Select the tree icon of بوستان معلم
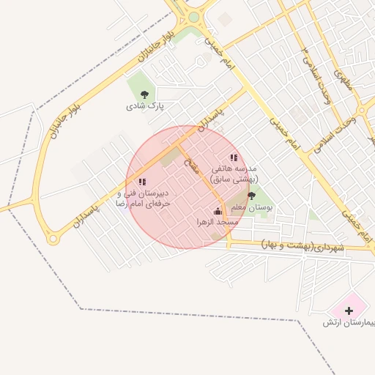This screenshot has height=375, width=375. click(x=252, y=196)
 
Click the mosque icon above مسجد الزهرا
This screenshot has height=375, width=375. click(x=217, y=212)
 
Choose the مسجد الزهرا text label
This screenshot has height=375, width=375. click(x=217, y=222)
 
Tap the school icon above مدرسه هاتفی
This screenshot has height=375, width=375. click(x=234, y=157)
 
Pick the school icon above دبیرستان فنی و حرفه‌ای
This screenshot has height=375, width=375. click(x=142, y=182)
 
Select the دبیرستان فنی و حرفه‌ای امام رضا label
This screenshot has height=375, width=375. click(x=144, y=199)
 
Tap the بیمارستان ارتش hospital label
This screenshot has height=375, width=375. click(x=349, y=322)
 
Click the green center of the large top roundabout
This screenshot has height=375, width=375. click(x=193, y=17)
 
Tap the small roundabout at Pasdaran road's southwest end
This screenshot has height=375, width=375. click(x=52, y=239)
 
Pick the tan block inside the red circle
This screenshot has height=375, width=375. click(x=170, y=156)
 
